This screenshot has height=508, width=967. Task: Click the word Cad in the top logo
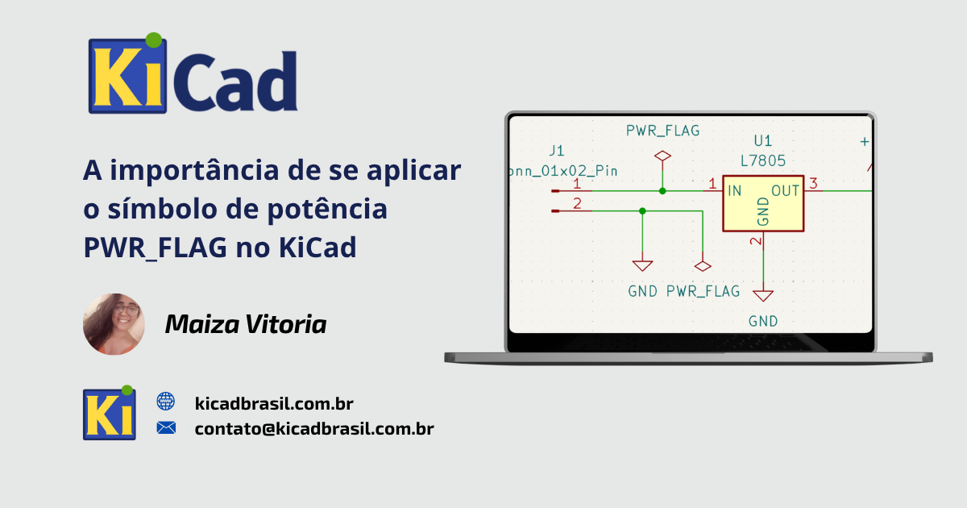click(x=235, y=81)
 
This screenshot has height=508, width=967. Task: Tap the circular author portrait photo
click(x=114, y=324)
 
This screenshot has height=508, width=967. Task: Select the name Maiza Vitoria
click(x=246, y=324)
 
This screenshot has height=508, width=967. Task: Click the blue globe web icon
click(x=166, y=402)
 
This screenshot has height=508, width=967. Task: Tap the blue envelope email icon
click(x=166, y=427)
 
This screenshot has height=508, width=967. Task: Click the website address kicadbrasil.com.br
click(x=274, y=403)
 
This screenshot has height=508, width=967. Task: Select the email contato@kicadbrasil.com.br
click(x=314, y=428)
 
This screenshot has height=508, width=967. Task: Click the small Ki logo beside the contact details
click(x=110, y=413)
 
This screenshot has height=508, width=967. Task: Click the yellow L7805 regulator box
click(x=763, y=203)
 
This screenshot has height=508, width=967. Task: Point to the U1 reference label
click(x=763, y=141)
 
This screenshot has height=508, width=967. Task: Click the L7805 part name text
click(x=763, y=161)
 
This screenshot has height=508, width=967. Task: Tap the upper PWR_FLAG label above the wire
click(x=662, y=131)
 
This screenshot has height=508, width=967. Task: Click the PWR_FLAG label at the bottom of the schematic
click(x=703, y=291)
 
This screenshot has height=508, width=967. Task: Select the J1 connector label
click(x=557, y=151)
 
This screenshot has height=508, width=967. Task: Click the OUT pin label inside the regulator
click(x=785, y=190)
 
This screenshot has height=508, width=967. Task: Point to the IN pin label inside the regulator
click(x=735, y=190)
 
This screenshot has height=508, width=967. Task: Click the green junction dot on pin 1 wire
click(x=662, y=191)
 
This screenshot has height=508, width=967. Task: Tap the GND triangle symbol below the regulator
click(x=763, y=295)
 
